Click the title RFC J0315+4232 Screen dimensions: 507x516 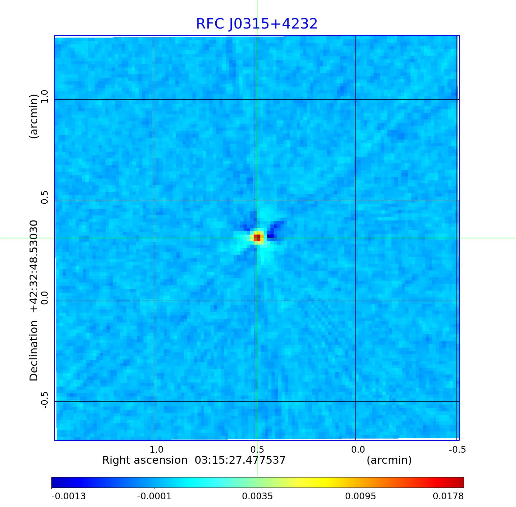pyautogui.click(x=257, y=24)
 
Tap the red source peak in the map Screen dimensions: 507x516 pyautogui.click(x=257, y=238)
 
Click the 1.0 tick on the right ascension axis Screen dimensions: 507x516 pyautogui.click(x=156, y=449)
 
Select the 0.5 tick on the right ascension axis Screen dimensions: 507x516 pyautogui.click(x=257, y=449)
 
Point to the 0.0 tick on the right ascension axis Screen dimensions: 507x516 pyautogui.click(x=358, y=449)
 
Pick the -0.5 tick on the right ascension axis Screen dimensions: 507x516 pyautogui.click(x=457, y=449)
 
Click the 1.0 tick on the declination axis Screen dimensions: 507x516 pyautogui.click(x=45, y=96)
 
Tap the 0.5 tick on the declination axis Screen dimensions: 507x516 pyautogui.click(x=45, y=197)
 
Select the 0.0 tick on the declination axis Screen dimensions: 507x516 pyautogui.click(x=45, y=298)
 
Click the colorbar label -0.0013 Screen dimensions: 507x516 pyautogui.click(x=69, y=496)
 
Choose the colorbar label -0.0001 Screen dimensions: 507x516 pyautogui.click(x=154, y=496)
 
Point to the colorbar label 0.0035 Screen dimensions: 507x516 pyautogui.click(x=258, y=496)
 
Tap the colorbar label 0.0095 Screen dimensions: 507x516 pyautogui.click(x=361, y=496)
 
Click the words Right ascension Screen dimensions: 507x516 pyautogui.click(x=145, y=460)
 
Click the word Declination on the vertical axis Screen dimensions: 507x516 pyautogui.click(x=34, y=351)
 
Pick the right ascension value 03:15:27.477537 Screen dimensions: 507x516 pyautogui.click(x=240, y=460)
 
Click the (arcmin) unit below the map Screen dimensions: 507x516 pyautogui.click(x=389, y=460)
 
